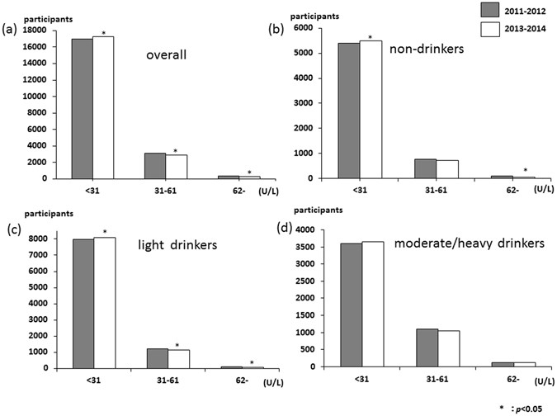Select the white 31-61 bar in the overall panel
click(176, 166)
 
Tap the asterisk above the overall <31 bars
click(103, 32)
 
